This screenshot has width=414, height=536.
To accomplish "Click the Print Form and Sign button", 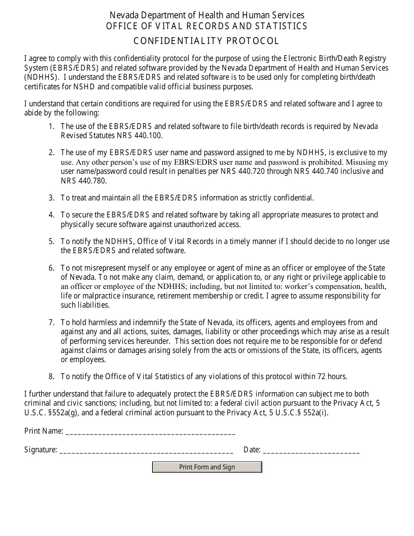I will (x=207, y=467).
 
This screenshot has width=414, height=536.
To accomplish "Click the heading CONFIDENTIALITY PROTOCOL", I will (x=207, y=41).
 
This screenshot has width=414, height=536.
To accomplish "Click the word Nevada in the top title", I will (x=123, y=15).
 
